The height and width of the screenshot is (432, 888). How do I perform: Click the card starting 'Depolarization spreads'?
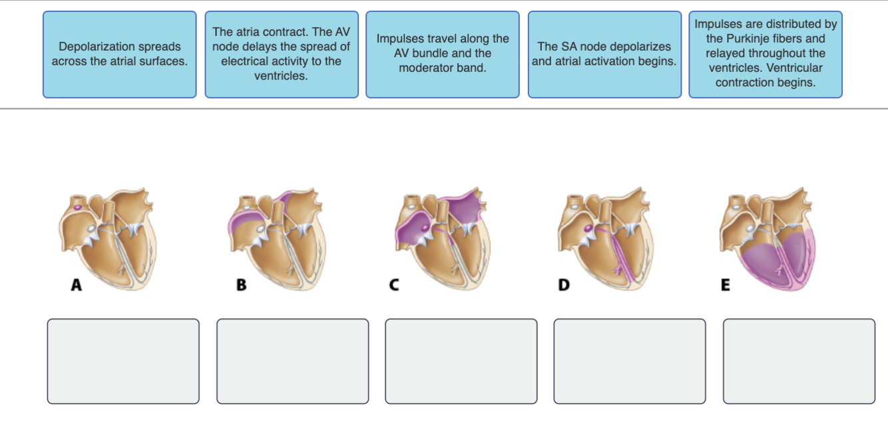(120, 54)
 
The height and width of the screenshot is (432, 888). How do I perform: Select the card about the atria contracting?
(282, 54)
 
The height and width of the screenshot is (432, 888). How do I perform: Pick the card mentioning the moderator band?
(443, 54)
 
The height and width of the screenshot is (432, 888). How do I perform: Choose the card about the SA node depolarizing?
(604, 54)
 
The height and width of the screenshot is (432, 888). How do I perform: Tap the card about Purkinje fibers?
(766, 54)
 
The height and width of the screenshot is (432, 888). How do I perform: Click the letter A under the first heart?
(77, 286)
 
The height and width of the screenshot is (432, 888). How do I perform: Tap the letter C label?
(394, 286)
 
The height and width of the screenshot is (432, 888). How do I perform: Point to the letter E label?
(726, 286)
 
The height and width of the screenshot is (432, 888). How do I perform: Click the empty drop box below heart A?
(123, 361)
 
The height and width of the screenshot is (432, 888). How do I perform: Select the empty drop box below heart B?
(292, 361)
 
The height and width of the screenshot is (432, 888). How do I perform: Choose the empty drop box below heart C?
(461, 361)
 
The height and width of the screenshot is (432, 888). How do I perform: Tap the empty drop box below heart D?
(630, 361)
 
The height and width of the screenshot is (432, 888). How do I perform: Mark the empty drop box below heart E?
(799, 361)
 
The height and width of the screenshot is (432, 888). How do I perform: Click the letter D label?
(564, 286)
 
